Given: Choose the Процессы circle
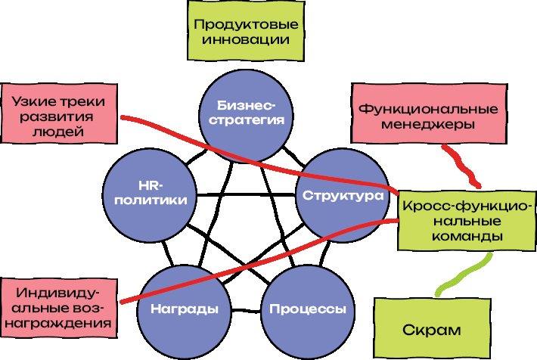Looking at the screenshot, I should coord(303,309).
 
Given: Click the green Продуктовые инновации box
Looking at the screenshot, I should coord(244,32).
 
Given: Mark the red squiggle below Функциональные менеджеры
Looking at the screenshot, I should coord(462,166).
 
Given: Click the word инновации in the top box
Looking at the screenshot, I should coord(244,39).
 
